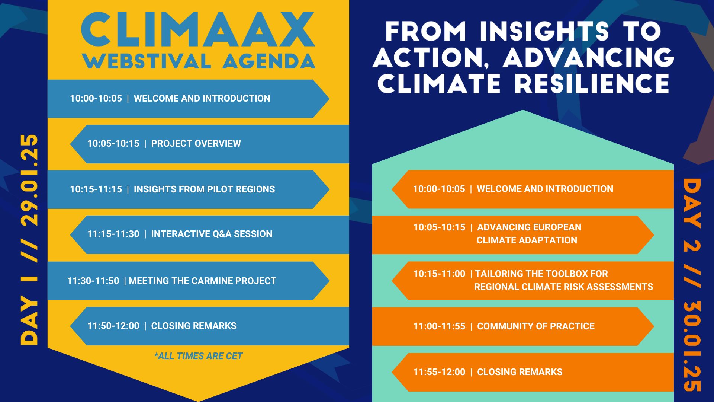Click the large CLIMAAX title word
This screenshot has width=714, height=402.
(198, 30)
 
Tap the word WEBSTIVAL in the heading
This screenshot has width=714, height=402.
(147, 61)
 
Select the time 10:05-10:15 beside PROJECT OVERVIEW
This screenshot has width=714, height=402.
(113, 144)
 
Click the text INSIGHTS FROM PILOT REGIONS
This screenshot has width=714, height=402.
(204, 189)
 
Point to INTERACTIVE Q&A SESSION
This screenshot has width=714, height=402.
(212, 234)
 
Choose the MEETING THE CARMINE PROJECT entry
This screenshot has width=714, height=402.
(202, 281)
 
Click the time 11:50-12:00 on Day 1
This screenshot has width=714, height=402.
(113, 326)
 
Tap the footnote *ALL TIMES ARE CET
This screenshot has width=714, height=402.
(198, 356)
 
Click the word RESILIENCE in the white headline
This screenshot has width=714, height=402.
(592, 83)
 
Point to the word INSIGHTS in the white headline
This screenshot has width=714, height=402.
(544, 31)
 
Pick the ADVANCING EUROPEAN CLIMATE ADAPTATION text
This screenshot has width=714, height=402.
(529, 234)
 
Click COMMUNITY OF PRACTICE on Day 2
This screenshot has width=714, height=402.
(536, 326)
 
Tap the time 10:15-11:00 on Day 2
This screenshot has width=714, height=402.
(439, 274)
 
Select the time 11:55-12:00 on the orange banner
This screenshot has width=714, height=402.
(439, 372)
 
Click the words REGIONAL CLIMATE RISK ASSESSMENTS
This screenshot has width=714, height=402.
(563, 287)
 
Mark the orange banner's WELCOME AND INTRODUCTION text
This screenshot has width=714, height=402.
(545, 189)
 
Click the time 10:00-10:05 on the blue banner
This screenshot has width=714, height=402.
(96, 99)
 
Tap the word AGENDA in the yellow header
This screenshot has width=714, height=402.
(269, 61)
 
